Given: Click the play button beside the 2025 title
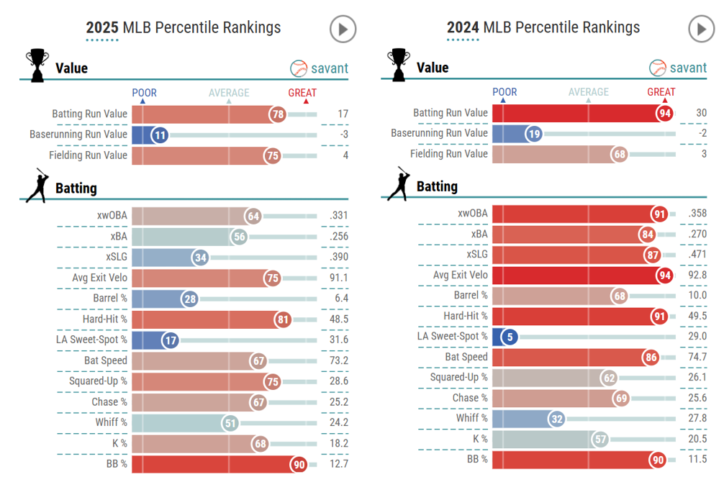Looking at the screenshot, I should (x=343, y=29).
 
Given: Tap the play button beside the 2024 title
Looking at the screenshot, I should (x=702, y=29).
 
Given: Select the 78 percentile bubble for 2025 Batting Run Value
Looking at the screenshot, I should (x=278, y=114).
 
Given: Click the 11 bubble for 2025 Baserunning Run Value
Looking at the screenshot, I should (x=160, y=135).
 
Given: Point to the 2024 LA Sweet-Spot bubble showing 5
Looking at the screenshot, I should (x=510, y=336).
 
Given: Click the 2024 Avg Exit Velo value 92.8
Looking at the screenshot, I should (x=696, y=274).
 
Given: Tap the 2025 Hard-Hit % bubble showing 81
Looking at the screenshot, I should (x=282, y=319).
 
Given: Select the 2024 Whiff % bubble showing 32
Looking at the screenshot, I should (x=556, y=418).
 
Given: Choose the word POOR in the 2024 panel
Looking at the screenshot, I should (x=504, y=91).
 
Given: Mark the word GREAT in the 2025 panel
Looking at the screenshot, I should (x=302, y=93).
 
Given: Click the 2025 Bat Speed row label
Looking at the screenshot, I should (x=105, y=360).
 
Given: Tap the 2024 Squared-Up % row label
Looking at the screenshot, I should (x=458, y=377).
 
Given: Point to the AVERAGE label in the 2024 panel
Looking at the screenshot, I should (x=589, y=91).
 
